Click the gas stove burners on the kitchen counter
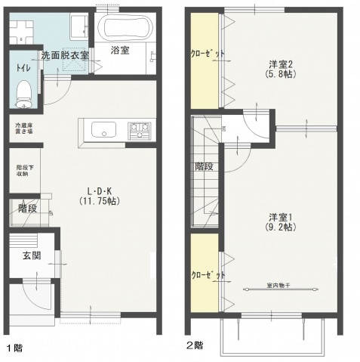[140, 131]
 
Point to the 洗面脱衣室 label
[65, 55]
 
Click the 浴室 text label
[120, 51]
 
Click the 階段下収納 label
[22, 170]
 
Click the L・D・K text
[100, 190]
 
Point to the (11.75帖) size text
[100, 202]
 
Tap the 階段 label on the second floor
[204, 166]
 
